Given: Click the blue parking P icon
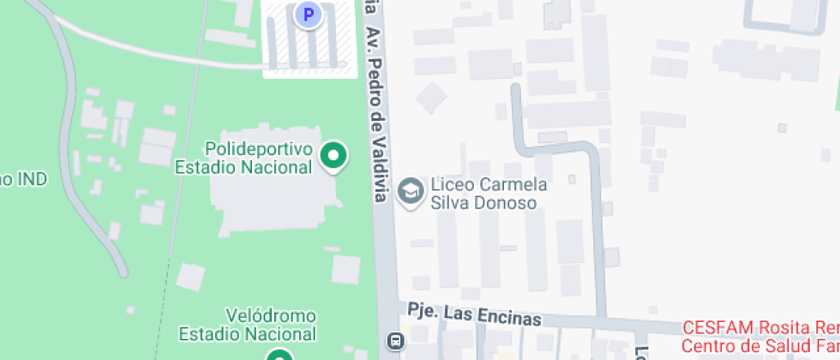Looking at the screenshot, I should [308, 14].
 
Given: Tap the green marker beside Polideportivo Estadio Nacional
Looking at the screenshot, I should [333, 156].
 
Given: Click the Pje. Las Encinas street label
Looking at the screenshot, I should [474, 315].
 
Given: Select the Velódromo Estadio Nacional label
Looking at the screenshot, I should [247, 325].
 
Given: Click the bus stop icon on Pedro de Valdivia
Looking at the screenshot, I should [395, 341].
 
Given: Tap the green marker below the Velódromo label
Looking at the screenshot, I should [279, 355].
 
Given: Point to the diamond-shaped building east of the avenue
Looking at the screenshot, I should [431, 97].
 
